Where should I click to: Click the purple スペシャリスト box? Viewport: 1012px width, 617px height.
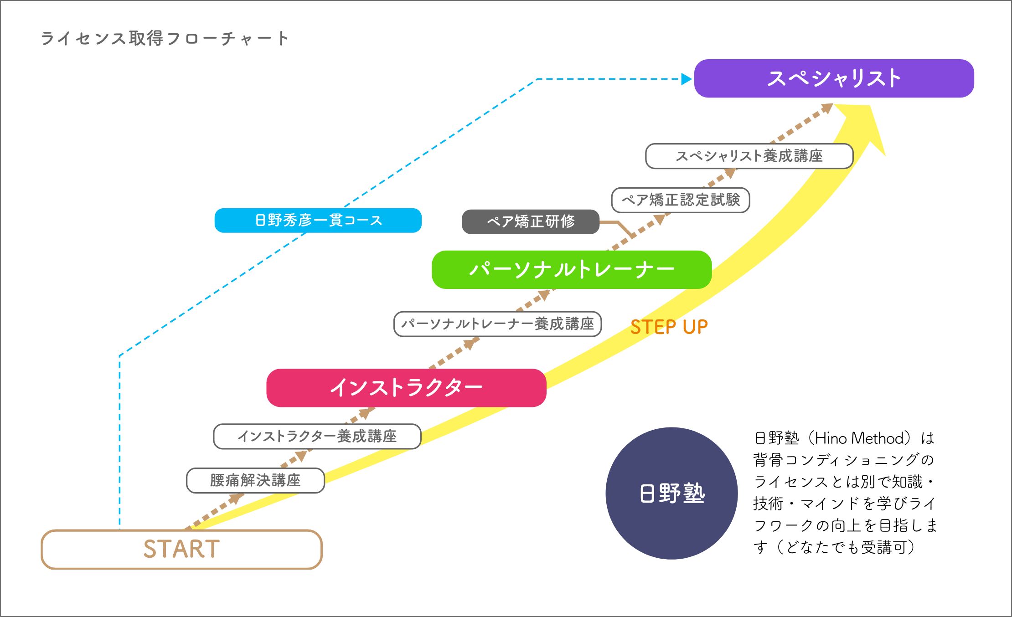(834, 78)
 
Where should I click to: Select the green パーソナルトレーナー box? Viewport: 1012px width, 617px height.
(572, 270)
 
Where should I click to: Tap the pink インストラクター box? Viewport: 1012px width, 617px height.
(406, 388)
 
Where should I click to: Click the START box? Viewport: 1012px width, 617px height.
(182, 549)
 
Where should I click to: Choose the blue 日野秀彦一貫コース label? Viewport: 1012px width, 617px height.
(318, 221)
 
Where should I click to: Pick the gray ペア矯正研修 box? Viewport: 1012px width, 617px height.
(531, 222)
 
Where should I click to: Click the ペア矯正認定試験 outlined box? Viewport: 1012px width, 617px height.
(681, 200)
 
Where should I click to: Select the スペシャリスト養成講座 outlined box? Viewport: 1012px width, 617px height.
(749, 156)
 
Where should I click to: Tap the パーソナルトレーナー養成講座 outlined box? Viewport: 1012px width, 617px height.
(498, 324)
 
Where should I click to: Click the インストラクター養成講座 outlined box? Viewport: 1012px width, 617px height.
(317, 437)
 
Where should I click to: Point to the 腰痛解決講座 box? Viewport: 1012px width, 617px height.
(255, 480)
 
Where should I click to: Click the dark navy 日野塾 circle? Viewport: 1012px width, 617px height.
(672, 494)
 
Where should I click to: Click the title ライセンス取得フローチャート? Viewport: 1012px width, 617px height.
(164, 38)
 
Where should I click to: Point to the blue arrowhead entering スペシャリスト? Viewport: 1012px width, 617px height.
(687, 79)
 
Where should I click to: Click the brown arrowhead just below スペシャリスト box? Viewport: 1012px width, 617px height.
(826, 108)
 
